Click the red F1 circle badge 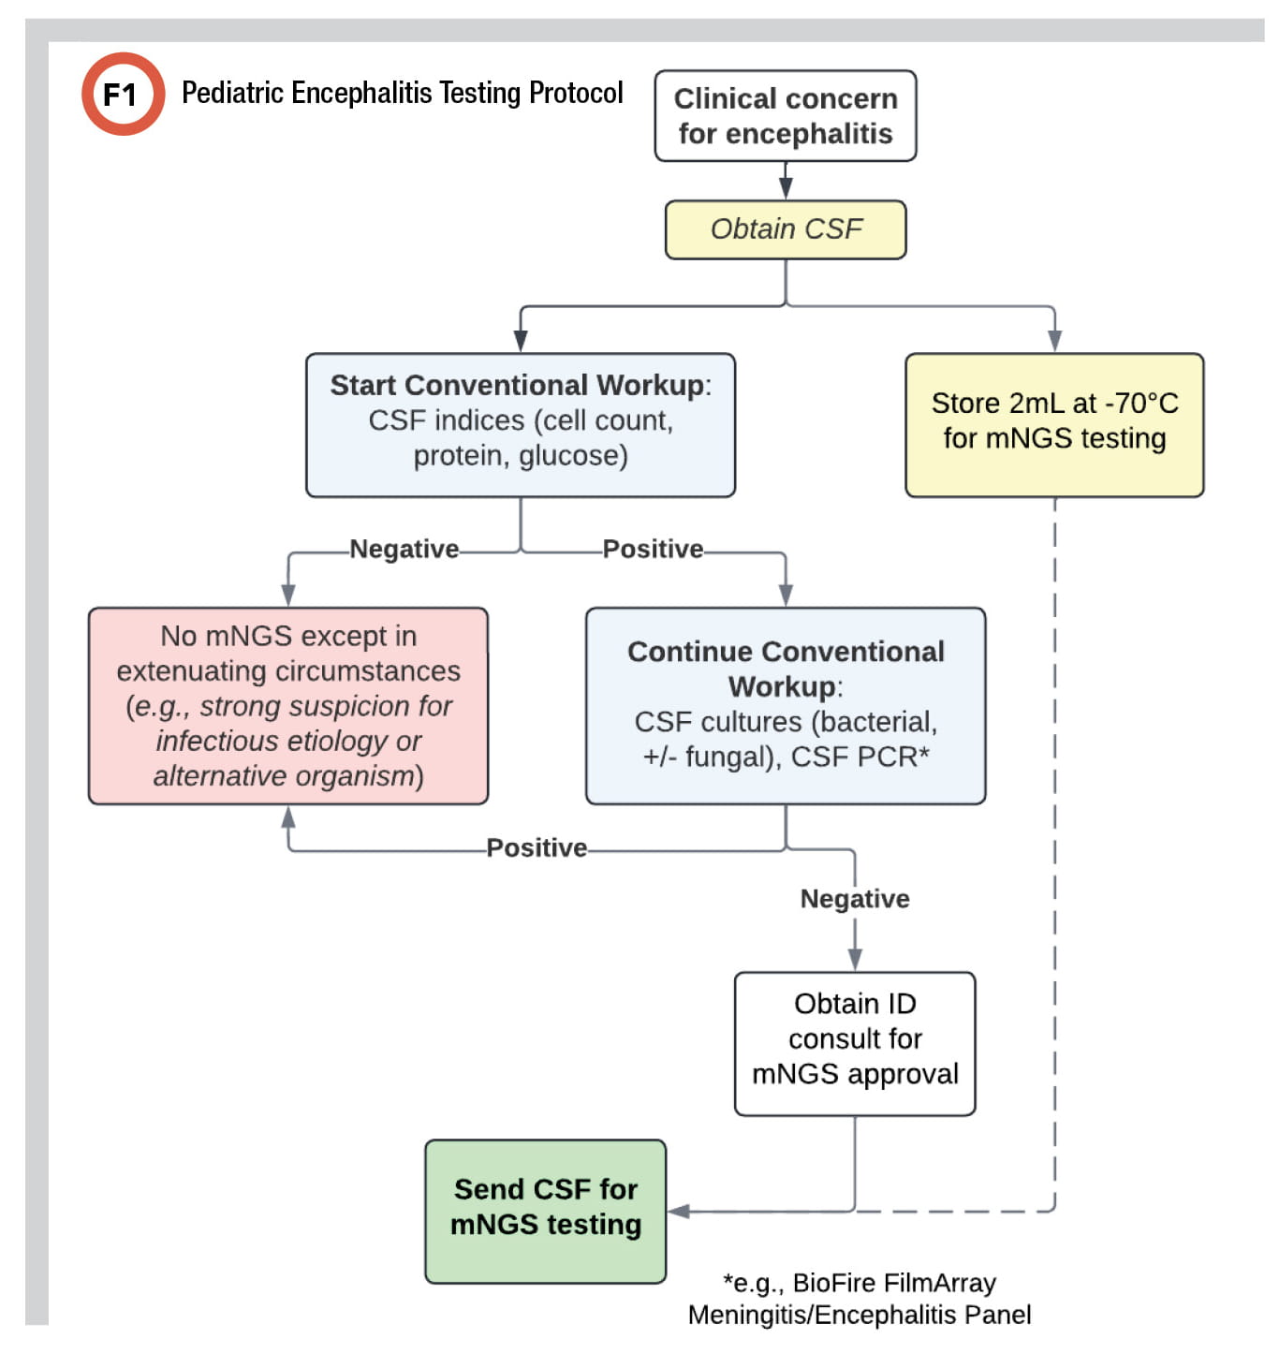[x=123, y=94]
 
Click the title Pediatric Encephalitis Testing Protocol [x=402, y=93]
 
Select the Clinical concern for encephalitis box [x=785, y=116]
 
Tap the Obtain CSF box [x=785, y=229]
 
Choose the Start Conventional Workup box [x=520, y=424]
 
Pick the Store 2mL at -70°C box [x=1053, y=424]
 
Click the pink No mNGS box [x=288, y=706]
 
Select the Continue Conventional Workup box [x=785, y=705]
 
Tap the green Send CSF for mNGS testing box [x=545, y=1210]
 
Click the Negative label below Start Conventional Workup [x=404, y=549]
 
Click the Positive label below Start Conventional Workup [x=653, y=549]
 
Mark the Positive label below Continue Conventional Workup [x=537, y=847]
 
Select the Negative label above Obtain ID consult [x=854, y=899]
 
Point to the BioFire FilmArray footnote [x=859, y=1299]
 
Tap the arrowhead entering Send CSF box [x=679, y=1212]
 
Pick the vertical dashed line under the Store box [x=1054, y=843]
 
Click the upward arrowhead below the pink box [x=288, y=817]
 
